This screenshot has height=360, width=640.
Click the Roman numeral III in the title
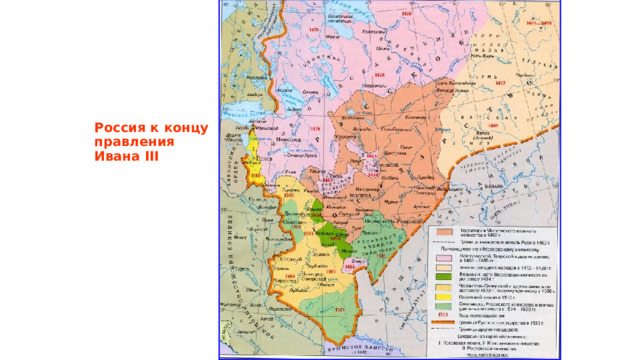pos(147,157)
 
